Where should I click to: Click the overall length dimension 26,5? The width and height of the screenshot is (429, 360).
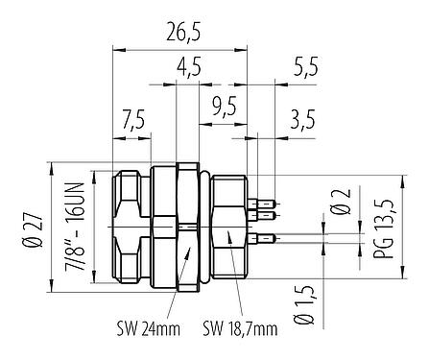click(x=180, y=34)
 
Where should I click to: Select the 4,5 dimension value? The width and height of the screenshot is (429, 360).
click(x=190, y=69)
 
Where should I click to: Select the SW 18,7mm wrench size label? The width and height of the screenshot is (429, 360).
click(x=239, y=329)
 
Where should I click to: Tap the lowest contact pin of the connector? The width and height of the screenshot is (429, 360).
click(x=263, y=237)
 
